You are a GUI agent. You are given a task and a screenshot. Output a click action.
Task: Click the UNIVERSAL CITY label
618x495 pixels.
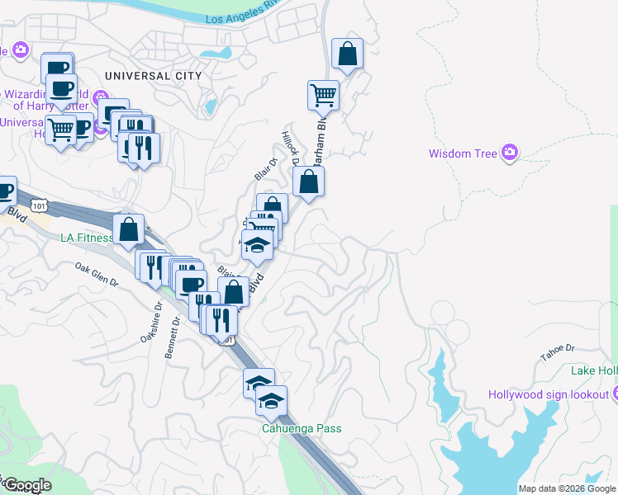pyautogui.click(x=154, y=75)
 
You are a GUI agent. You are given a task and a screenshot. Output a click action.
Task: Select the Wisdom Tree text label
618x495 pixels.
pyautogui.click(x=463, y=153)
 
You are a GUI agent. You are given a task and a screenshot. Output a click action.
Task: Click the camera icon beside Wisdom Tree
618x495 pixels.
pyautogui.click(x=511, y=153)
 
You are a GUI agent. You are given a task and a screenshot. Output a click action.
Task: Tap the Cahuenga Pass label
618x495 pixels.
pyautogui.click(x=302, y=428)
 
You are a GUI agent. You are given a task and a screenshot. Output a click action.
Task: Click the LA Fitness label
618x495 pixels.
pyautogui.click(x=87, y=238)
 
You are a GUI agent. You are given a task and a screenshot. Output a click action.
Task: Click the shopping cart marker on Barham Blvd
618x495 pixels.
pyautogui.click(x=323, y=95)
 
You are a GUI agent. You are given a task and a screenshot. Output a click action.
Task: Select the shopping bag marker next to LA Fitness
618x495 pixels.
pyautogui.click(x=129, y=230)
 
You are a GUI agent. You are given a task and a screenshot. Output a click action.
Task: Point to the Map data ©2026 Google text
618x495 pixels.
pyautogui.click(x=567, y=488)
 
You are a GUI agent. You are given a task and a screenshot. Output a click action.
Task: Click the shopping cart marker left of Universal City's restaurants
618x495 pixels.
pyautogui.click(x=60, y=130)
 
